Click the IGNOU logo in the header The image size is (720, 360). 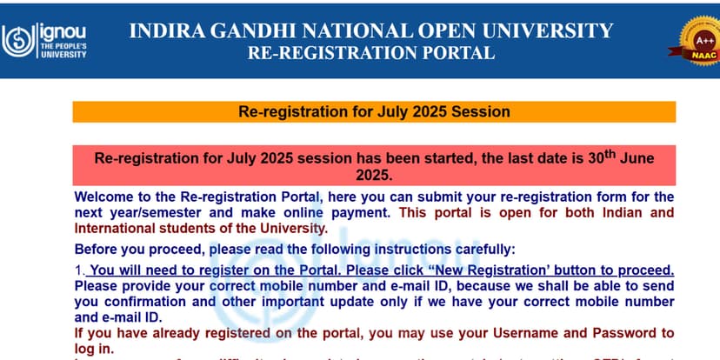pyautogui.click(x=44, y=39)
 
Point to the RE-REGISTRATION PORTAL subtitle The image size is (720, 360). pyautogui.click(x=371, y=52)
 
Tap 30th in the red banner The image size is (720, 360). pyautogui.click(x=590, y=158)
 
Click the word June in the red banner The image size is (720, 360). pyautogui.click(x=631, y=159)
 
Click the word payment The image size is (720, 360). pyautogui.click(x=366, y=212)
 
